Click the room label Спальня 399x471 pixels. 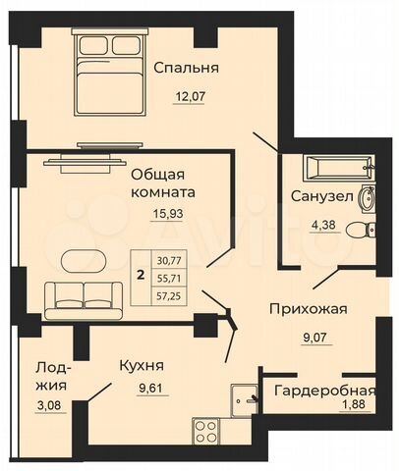(x=186, y=68)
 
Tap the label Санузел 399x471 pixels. (x=320, y=195)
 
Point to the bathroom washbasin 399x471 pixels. (x=367, y=197)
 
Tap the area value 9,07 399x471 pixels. (x=308, y=342)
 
